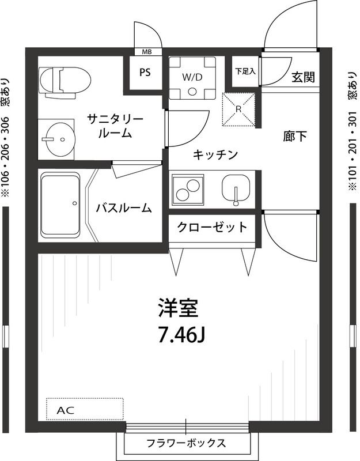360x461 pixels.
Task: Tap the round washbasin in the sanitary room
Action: coord(59,139)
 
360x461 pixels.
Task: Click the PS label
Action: coord(146,73)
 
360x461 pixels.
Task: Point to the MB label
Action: coord(147,51)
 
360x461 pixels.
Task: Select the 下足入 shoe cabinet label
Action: coord(245,71)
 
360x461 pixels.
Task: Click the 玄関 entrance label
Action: coord(302,77)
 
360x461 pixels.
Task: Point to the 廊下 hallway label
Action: coord(294,136)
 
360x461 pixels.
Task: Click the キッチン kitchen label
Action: coord(215,154)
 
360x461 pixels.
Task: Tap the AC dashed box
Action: coord(85,409)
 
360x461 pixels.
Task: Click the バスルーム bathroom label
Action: coord(124,208)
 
